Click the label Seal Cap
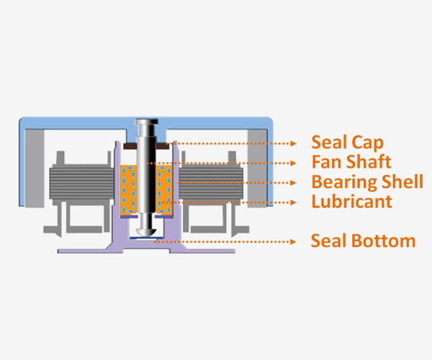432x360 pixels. click(347, 143)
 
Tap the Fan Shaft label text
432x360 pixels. click(351, 162)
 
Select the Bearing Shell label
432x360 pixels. click(367, 181)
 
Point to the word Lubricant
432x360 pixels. click(351, 202)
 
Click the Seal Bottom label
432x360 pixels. click(363, 241)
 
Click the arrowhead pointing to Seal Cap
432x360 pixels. click(294, 143)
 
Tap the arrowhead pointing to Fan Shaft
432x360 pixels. click(294, 163)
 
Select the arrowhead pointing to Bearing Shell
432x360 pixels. click(294, 183)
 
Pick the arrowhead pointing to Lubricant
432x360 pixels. click(294, 202)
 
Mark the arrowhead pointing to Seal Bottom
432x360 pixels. click(294, 242)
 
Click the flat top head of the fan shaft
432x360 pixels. click(146, 122)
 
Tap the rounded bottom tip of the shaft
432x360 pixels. click(146, 232)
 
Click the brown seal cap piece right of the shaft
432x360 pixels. click(162, 146)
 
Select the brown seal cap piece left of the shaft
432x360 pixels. click(130, 146)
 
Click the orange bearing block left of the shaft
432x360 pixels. click(129, 189)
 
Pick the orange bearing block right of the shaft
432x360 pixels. click(164, 189)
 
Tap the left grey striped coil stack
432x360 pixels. click(81, 181)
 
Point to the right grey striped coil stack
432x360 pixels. click(211, 181)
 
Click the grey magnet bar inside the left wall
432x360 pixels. click(35, 168)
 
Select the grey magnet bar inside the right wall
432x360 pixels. click(257, 168)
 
